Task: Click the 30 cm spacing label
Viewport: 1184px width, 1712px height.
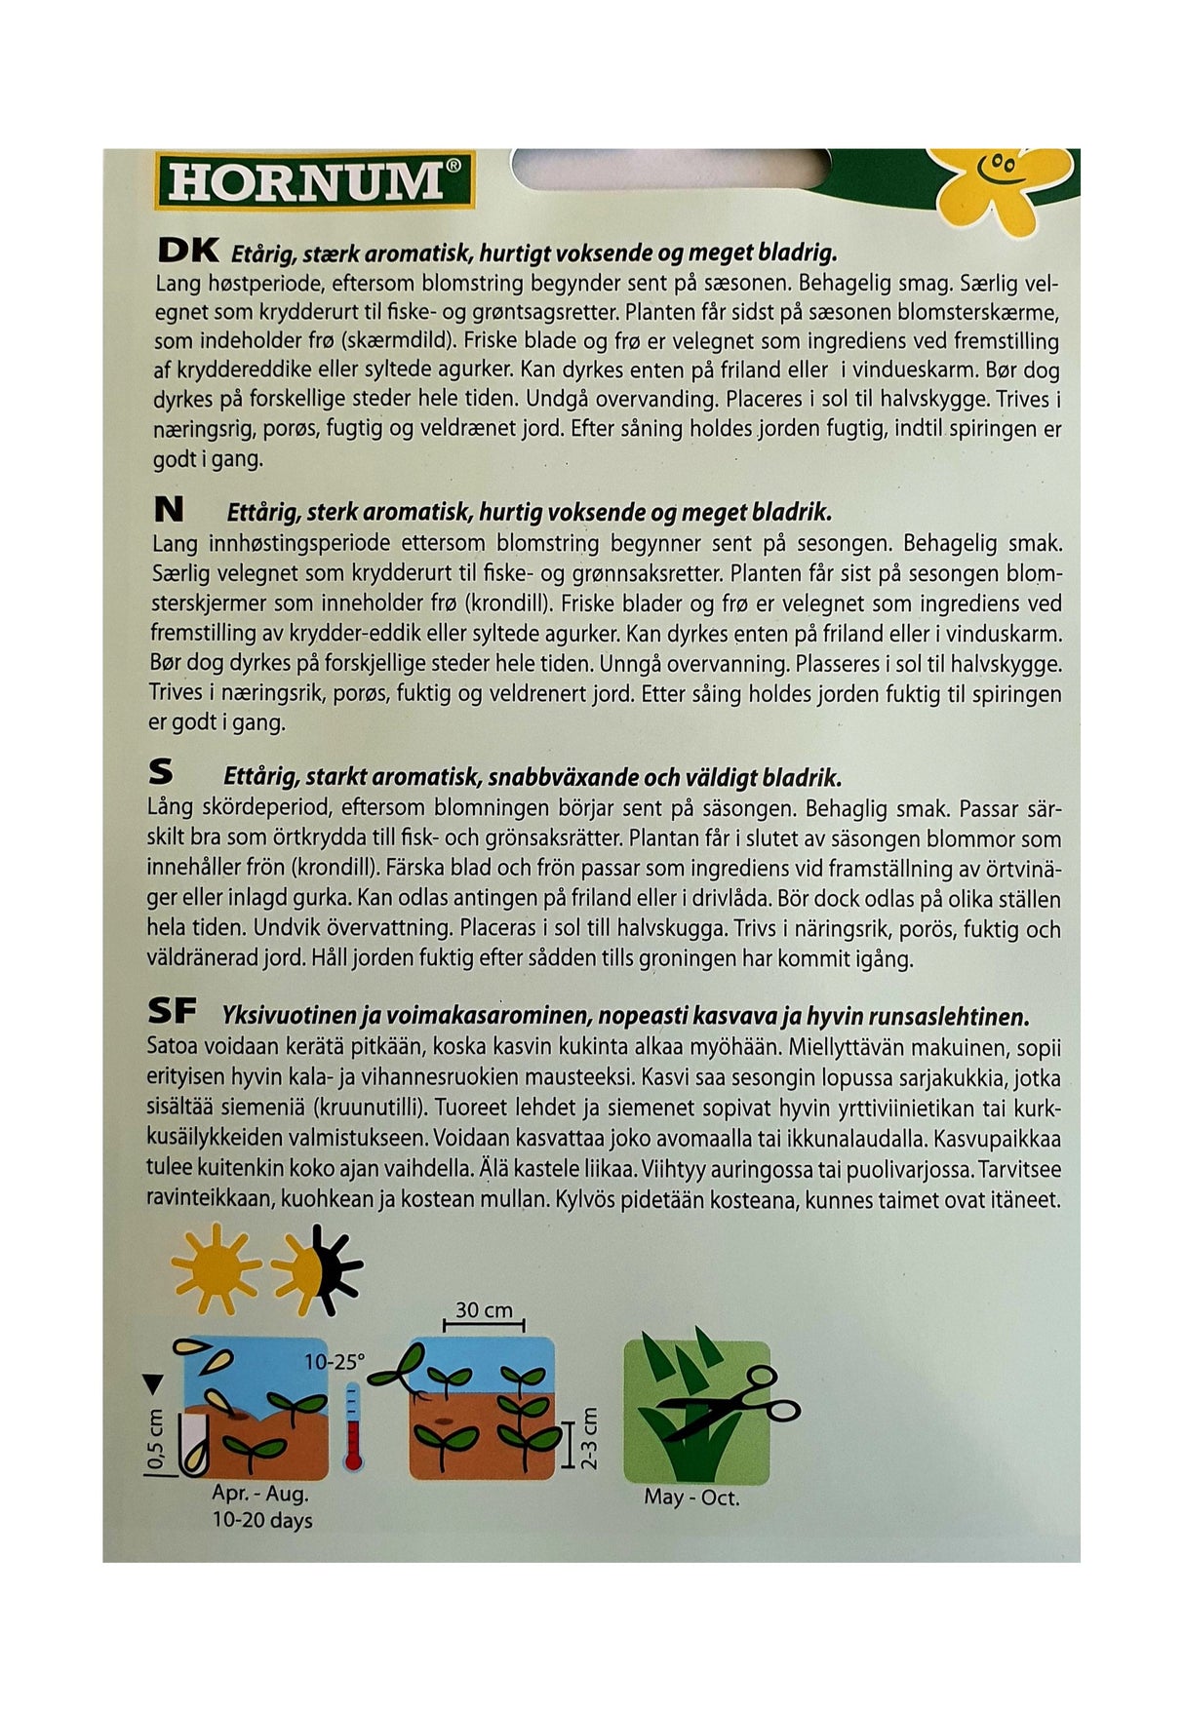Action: pyautogui.click(x=484, y=1310)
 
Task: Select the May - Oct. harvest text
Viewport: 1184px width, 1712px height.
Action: pyautogui.click(x=691, y=1497)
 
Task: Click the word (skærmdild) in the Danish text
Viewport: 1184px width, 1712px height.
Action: pyautogui.click(x=403, y=342)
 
